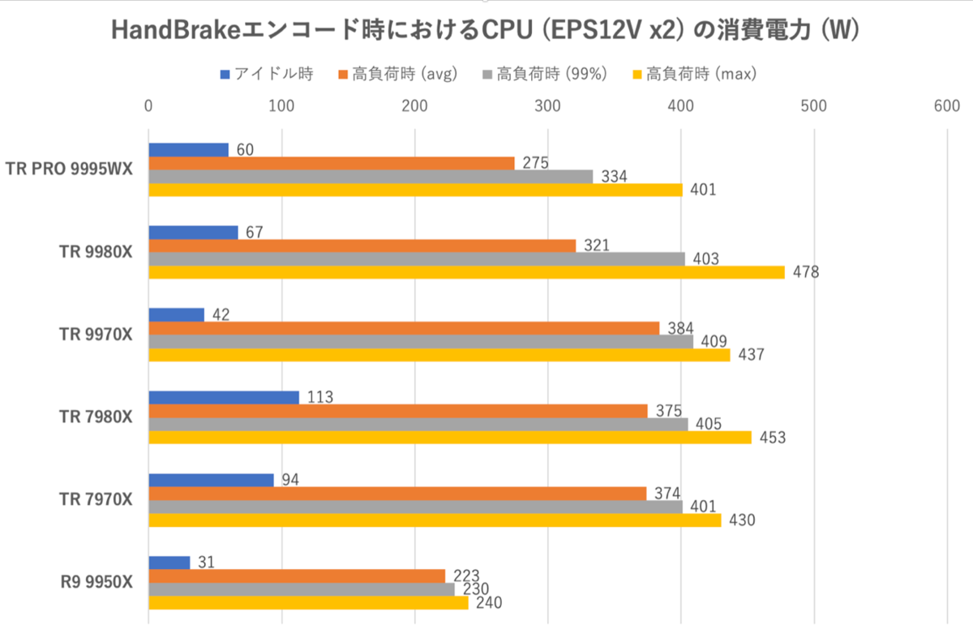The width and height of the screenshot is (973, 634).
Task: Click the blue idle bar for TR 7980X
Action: coord(224,397)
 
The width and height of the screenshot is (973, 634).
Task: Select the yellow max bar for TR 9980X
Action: coord(466,272)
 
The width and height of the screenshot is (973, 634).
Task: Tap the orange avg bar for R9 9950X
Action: coord(297,576)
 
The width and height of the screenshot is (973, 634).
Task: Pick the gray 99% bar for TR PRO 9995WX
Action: coord(371,176)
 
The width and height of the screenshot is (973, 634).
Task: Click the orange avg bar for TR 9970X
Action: coord(404,328)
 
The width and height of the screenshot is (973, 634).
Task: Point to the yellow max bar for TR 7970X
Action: coord(435,520)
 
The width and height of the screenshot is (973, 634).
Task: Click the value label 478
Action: coord(807,273)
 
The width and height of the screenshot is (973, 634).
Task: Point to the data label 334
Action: coord(612,176)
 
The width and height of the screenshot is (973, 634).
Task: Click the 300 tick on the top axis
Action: coord(548,106)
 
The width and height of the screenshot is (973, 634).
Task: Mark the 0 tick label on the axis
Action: coord(148,106)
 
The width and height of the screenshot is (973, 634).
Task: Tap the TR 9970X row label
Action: coord(96,334)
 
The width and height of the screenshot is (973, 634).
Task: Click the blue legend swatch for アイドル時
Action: coord(225,75)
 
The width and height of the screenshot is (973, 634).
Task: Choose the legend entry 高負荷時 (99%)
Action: coord(551,75)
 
